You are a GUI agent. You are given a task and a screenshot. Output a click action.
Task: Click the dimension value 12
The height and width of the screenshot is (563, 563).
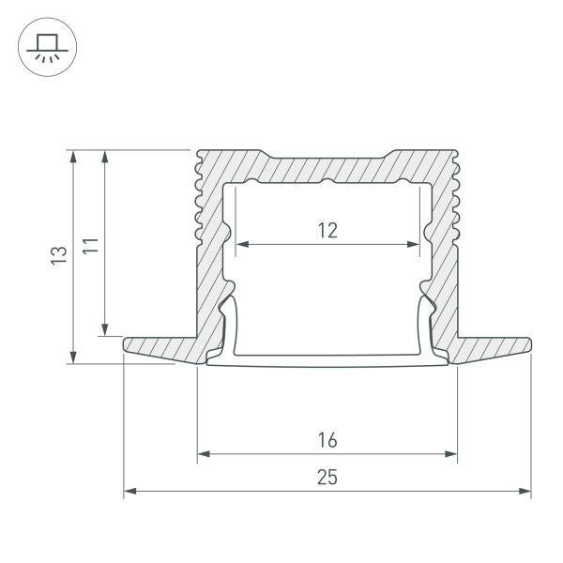(327, 229)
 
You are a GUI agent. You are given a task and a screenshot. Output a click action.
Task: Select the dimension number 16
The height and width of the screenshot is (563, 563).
(327, 439)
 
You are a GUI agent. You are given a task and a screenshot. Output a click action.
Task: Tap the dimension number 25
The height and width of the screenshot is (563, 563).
(327, 477)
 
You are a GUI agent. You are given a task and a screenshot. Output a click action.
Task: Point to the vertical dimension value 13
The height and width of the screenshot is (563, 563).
(58, 255)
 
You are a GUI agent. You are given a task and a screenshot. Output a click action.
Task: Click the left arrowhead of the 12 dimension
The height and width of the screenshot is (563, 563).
(240, 245)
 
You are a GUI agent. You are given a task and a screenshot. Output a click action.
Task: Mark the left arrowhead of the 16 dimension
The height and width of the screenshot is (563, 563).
(203, 455)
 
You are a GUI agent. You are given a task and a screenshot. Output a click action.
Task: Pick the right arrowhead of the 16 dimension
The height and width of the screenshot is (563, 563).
(451, 455)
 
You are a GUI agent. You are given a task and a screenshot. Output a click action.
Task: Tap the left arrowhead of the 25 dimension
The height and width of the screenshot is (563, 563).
(129, 491)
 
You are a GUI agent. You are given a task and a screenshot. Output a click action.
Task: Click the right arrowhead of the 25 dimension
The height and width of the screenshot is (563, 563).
(525, 491)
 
